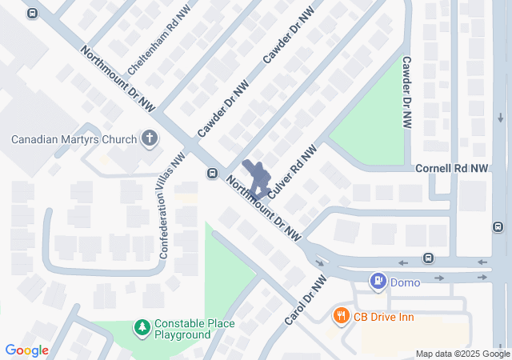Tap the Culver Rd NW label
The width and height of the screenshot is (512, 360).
coord(293,172)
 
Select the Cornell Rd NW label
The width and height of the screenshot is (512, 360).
coord(451,169)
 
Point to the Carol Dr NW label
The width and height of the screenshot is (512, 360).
coord(306,302)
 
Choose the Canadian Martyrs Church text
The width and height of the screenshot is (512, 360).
coord(74,139)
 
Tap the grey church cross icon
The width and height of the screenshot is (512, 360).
coord(149,139)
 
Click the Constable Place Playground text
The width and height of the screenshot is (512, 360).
coord(194,329)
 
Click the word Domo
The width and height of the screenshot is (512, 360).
coord(405,281)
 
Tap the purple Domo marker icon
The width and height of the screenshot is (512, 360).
coord(378,281)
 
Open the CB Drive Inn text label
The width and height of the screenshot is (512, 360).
coord(384,317)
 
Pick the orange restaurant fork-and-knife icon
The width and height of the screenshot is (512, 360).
coord(342,316)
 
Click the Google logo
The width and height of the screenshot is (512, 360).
coord(26,350)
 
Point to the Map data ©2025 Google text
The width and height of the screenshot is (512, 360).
coord(462,354)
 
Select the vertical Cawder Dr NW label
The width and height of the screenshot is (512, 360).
coord(406,92)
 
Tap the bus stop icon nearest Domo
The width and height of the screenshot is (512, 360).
coord(429,258)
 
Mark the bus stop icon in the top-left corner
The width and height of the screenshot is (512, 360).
coord(31,14)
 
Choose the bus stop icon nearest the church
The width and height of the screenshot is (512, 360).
coord(212,173)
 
